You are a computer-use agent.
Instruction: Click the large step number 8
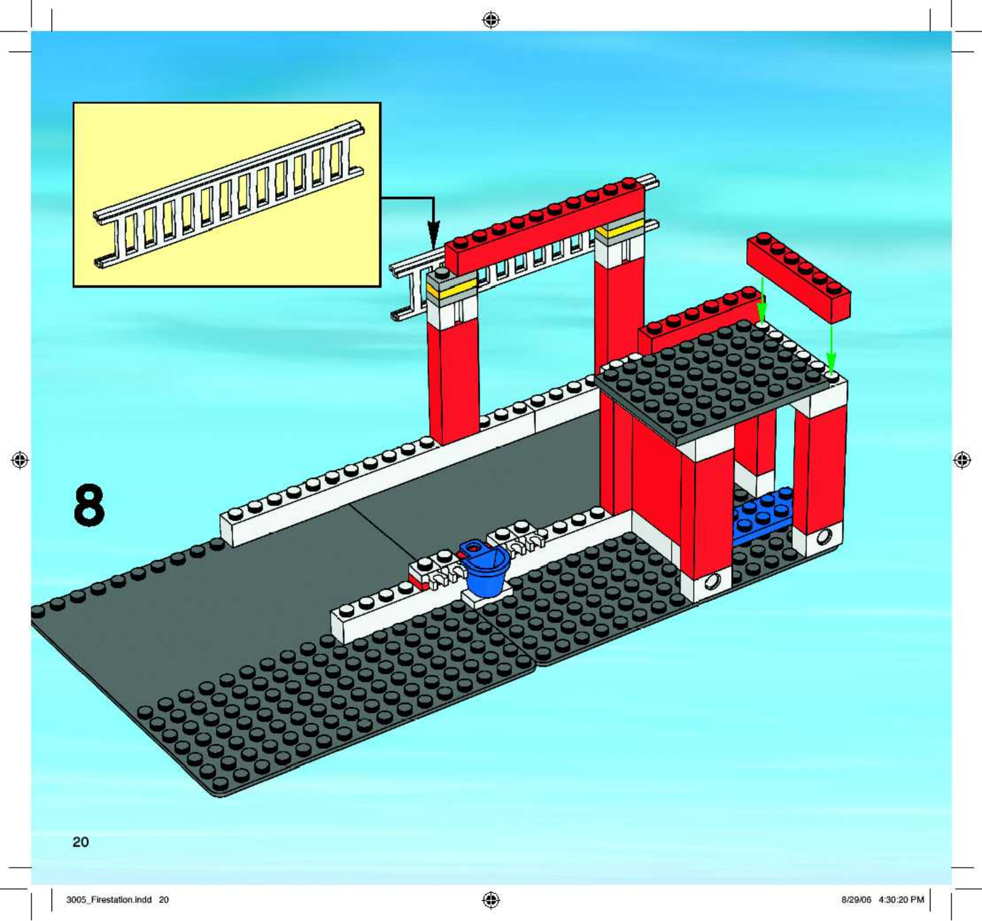[89, 505]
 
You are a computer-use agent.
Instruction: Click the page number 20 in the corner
[80, 842]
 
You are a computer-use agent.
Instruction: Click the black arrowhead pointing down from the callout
[433, 235]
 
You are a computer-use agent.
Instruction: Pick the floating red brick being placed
[798, 277]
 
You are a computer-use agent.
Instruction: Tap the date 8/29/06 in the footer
[856, 900]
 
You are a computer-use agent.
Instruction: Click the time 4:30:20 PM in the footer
[901, 900]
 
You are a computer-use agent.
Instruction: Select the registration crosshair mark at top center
[491, 20]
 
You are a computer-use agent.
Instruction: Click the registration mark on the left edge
[20, 459]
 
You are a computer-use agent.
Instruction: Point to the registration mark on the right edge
[962, 459]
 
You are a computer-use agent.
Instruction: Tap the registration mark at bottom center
[491, 900]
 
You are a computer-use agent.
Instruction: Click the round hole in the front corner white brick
[713, 580]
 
